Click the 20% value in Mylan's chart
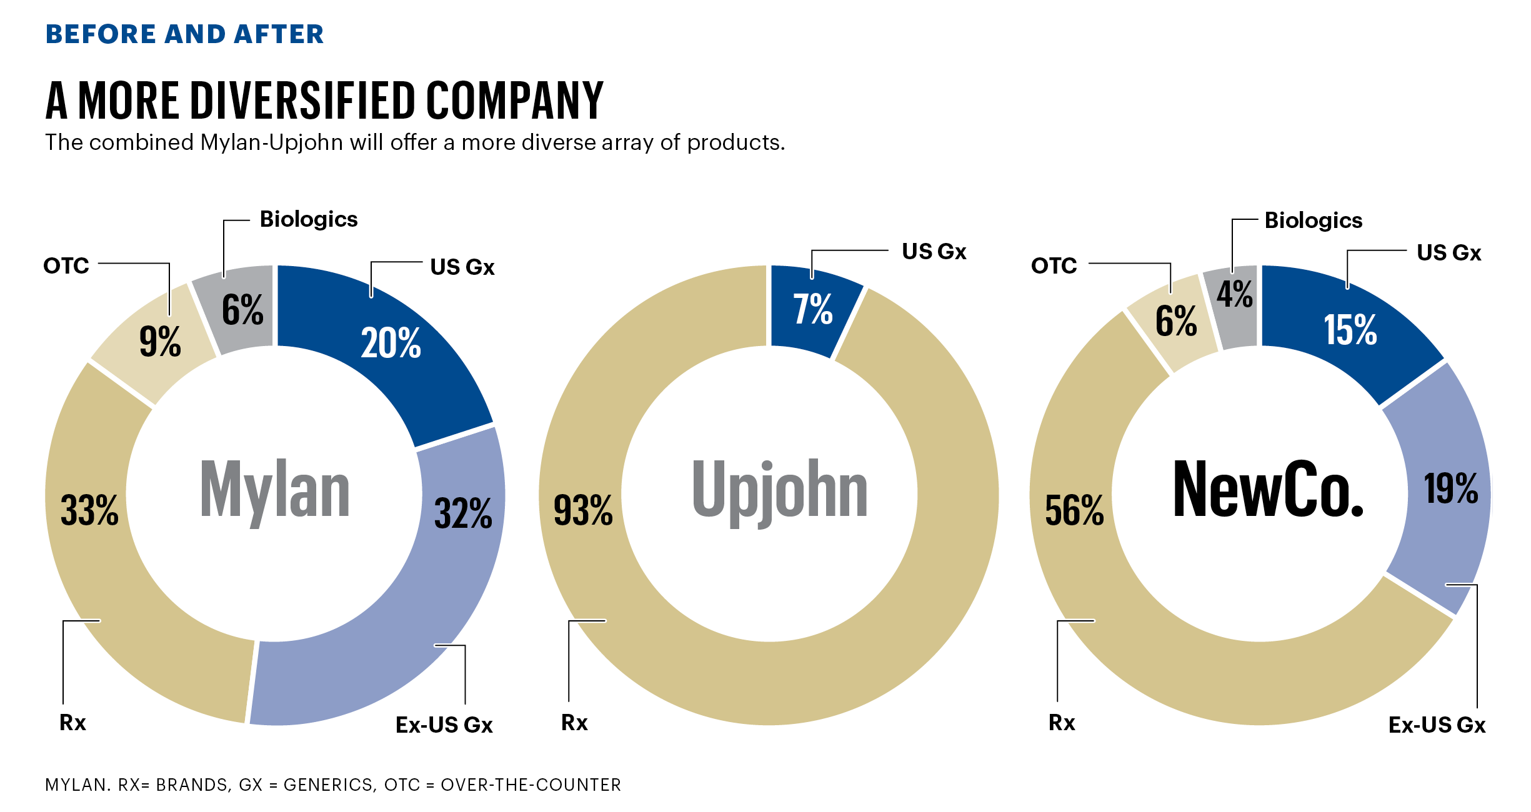pyautogui.click(x=391, y=344)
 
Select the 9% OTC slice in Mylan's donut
pyautogui.click(x=160, y=342)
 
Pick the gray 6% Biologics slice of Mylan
pyautogui.click(x=242, y=310)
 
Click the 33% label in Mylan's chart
pyautogui.click(x=89, y=510)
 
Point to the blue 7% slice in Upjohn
pyautogui.click(x=812, y=310)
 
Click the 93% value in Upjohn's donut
pyautogui.click(x=583, y=510)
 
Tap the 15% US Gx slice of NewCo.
pyautogui.click(x=1350, y=330)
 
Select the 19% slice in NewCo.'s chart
pyautogui.click(x=1450, y=488)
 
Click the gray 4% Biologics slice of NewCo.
pyautogui.click(x=1234, y=295)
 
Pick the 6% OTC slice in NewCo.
pyautogui.click(x=1175, y=322)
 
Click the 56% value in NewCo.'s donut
pyautogui.click(x=1074, y=510)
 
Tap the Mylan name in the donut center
pyautogui.click(x=274, y=490)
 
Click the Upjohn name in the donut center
pyautogui.click(x=779, y=490)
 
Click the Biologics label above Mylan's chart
pyautogui.click(x=309, y=219)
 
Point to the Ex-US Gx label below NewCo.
pyautogui.click(x=1437, y=725)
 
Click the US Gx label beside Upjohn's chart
pyautogui.click(x=934, y=252)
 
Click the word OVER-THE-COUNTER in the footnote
pyautogui.click(x=531, y=785)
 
